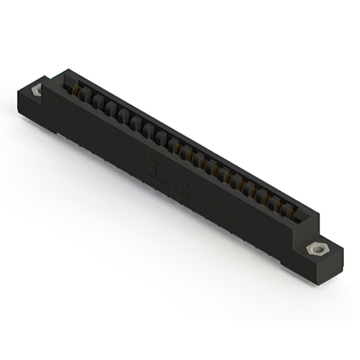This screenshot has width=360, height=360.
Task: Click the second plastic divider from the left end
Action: pos(97,101)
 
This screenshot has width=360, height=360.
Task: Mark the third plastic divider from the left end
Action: pos(110,107)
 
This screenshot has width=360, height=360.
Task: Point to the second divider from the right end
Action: pos(277,205)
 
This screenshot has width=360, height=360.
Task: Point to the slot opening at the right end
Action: pos(298,214)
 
